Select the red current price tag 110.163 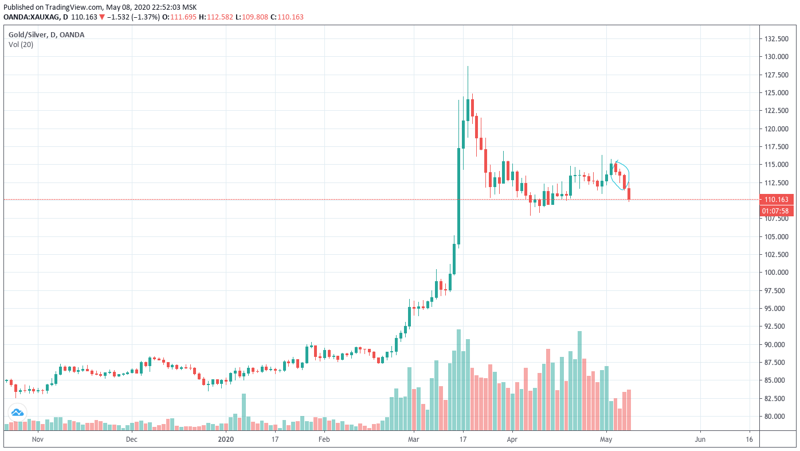point(777,200)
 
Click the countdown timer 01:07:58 point(777,211)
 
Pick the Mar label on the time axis point(413,440)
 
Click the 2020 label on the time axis point(226,440)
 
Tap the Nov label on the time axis point(38,440)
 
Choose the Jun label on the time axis point(700,440)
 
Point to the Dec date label point(132,440)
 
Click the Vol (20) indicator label point(21,44)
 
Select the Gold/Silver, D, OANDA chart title point(46,35)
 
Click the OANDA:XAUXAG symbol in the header point(32,17)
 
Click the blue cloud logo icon point(17,411)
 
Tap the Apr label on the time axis point(512,440)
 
